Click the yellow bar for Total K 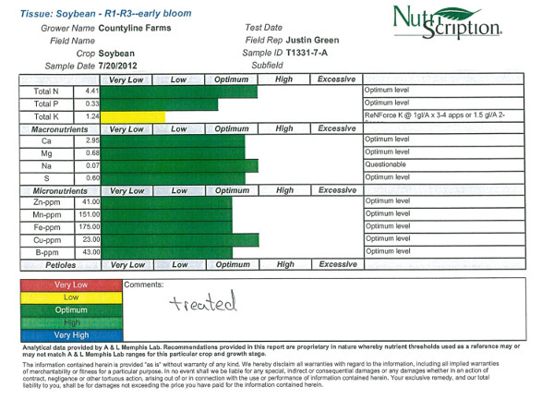[133, 117]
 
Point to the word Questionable [386, 164]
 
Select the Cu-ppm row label [46, 239]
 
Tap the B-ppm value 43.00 [90, 252]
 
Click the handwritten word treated [203, 302]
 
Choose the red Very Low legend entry [70, 285]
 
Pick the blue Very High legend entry [70, 334]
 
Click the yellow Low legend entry [70, 297]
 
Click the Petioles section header [45, 264]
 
